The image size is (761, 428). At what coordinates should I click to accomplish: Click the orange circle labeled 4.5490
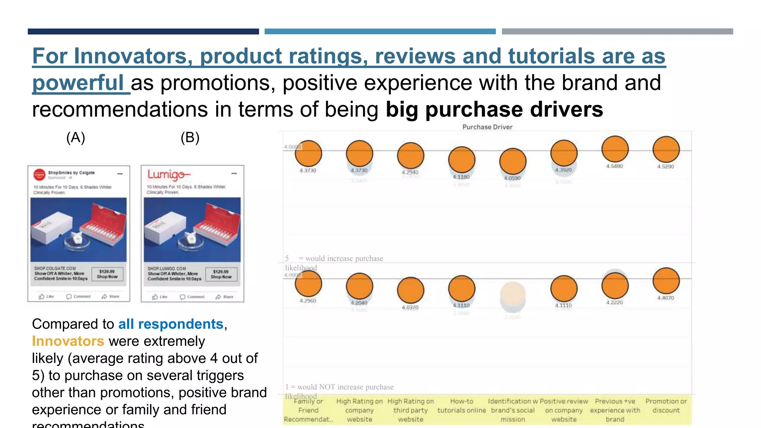tap(615, 149)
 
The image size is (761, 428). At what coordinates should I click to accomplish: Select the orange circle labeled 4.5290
tap(666, 150)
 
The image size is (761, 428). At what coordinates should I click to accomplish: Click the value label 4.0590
tap(512, 178)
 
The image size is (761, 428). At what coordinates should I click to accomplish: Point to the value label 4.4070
tap(666, 298)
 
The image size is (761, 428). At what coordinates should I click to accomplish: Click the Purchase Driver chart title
tap(487, 127)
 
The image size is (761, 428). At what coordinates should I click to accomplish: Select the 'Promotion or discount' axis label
tap(666, 406)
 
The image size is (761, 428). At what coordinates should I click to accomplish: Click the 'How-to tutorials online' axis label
tap(462, 406)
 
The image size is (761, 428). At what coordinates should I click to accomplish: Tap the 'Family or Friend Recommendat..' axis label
tap(308, 410)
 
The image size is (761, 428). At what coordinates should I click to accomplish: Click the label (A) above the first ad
tap(76, 138)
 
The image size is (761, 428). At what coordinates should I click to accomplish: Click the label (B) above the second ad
tap(190, 138)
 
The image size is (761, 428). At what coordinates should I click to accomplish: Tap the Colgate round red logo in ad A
tap(39, 174)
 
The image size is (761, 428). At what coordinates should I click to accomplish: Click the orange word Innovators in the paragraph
tap(68, 341)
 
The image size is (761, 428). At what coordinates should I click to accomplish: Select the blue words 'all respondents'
tap(171, 324)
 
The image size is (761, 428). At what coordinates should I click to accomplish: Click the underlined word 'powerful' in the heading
tap(78, 83)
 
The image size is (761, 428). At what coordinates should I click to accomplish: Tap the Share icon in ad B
tap(218, 297)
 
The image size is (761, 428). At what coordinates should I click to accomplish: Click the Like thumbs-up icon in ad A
tap(42, 296)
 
